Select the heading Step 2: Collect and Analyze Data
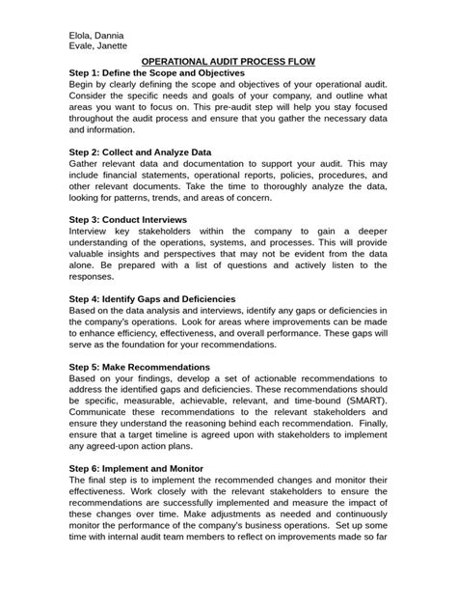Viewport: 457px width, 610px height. click(x=140, y=152)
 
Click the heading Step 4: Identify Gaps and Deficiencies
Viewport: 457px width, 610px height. click(x=152, y=299)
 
